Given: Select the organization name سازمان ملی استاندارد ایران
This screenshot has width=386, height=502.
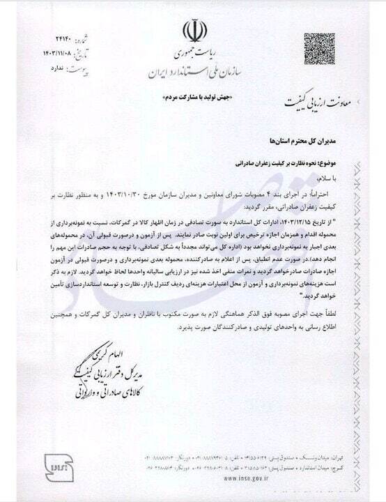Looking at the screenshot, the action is tap(193, 72).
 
